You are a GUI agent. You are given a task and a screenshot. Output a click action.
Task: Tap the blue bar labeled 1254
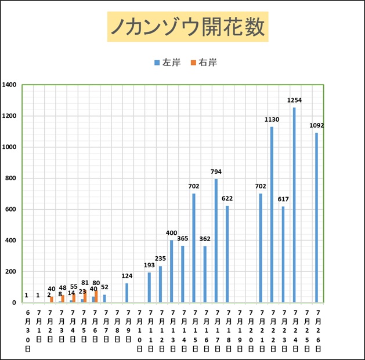click(294, 205)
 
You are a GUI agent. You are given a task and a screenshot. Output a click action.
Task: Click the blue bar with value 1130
click(272, 214)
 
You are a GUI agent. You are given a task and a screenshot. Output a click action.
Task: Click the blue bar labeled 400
click(171, 271)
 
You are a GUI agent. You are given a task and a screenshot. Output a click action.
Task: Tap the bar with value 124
click(127, 293)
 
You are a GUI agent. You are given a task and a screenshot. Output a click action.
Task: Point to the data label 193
click(149, 265)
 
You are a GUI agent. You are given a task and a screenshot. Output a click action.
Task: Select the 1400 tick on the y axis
click(9, 85)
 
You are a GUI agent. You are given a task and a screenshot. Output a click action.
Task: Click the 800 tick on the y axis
click(10, 178)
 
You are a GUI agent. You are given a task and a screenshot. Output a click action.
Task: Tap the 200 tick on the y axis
click(10, 271)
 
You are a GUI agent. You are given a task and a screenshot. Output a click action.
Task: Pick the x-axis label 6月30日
click(27, 330)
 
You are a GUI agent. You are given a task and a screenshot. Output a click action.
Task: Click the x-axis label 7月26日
click(317, 330)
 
